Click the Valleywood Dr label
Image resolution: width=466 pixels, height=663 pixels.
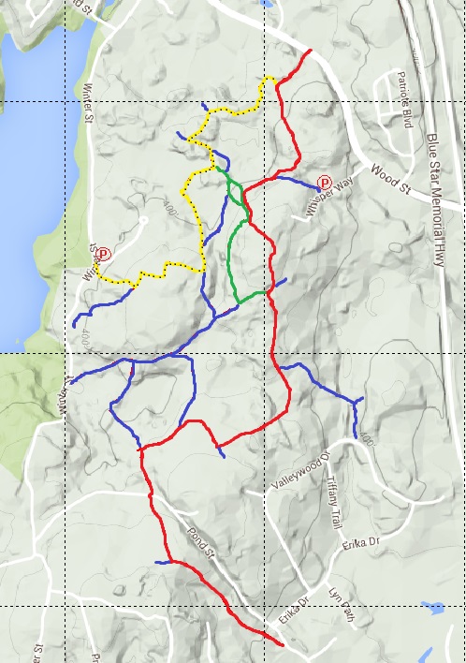coord(301,473)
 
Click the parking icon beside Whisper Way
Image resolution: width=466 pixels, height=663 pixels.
coord(325,183)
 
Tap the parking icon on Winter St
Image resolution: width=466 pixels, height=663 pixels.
coord(104,253)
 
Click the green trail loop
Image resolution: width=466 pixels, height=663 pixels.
coord(231,248)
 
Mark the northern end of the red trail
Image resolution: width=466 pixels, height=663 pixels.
coord(310,50)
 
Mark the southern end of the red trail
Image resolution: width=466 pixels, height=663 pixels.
coord(283,644)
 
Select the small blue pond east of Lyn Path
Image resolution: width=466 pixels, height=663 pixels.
coord(433,609)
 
